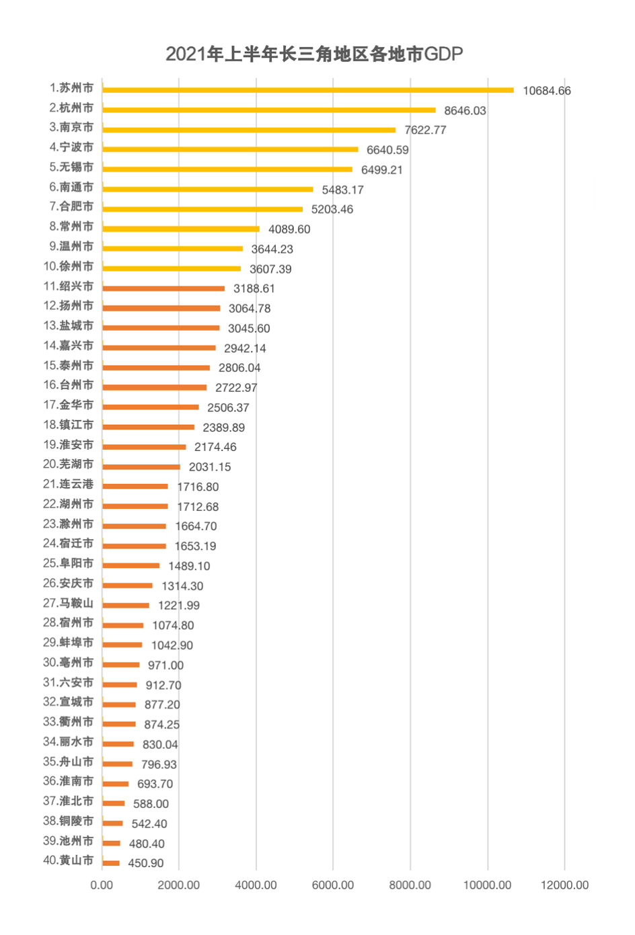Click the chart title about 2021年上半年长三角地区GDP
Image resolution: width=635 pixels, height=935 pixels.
[314, 54]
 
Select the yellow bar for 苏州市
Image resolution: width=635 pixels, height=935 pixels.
[307, 90]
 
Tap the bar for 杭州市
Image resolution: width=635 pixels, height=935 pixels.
[268, 110]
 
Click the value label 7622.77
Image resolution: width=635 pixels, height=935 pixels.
[425, 130]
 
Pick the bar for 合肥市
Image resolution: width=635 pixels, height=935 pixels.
[202, 209]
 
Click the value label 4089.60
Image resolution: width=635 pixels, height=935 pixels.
[289, 229]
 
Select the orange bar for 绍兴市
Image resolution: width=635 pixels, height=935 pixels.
[163, 288]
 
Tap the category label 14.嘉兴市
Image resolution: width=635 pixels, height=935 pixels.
[69, 345]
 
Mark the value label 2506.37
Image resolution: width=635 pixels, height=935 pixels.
[228, 407]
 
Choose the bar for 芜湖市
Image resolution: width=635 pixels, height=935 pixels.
[141, 466]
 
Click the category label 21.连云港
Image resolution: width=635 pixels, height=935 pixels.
[69, 484]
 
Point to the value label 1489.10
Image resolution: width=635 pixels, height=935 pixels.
[189, 566]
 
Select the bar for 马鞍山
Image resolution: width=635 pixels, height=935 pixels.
[126, 606]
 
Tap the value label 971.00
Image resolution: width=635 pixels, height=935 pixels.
[165, 665]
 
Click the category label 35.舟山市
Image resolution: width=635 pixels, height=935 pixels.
[69, 762]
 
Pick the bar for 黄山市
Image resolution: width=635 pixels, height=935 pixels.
[111, 863]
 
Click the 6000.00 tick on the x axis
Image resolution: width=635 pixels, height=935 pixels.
[333, 885]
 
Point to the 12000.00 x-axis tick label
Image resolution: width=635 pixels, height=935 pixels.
[564, 885]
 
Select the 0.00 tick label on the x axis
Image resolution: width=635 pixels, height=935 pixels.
[102, 885]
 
